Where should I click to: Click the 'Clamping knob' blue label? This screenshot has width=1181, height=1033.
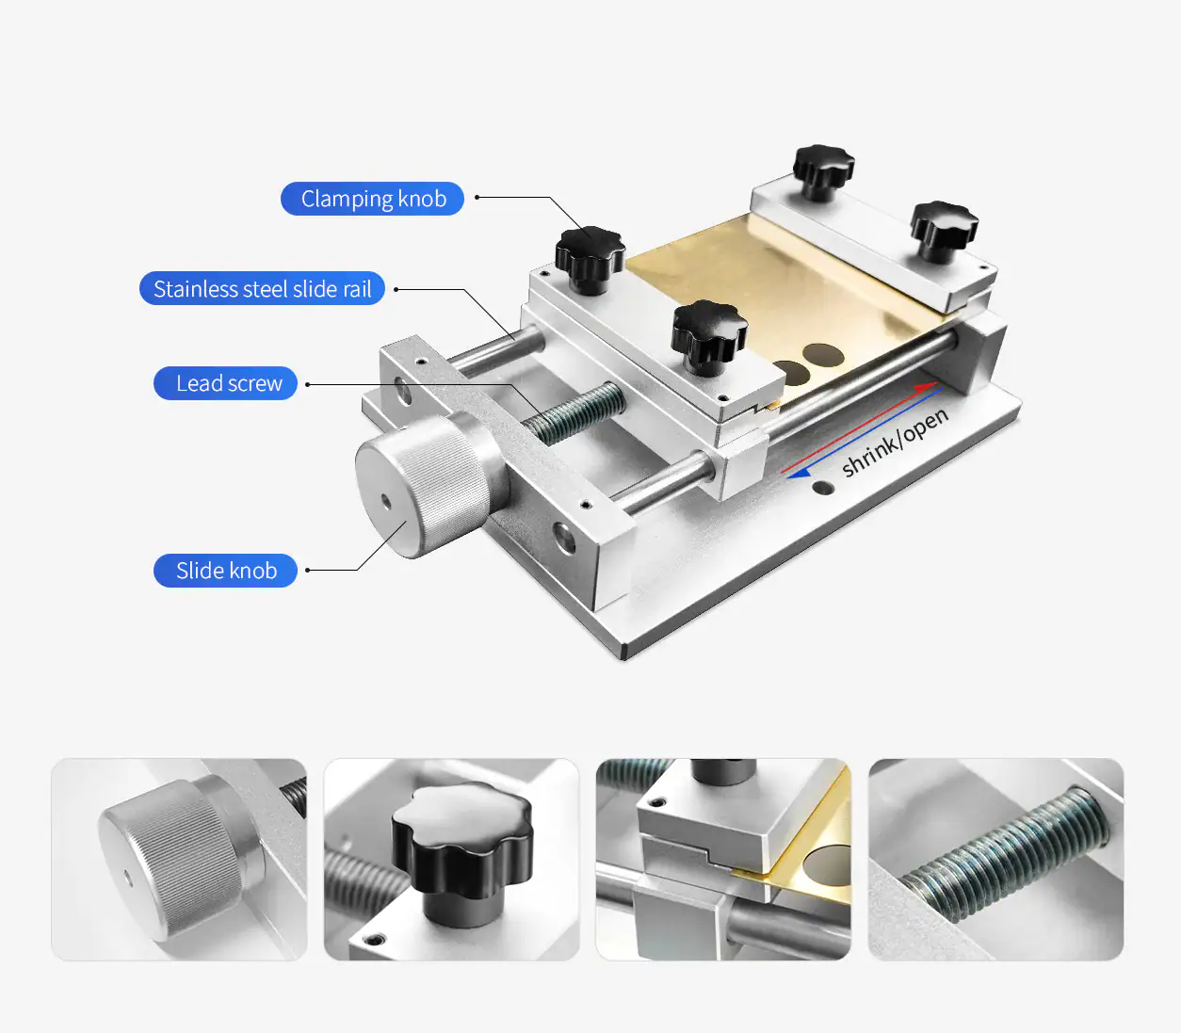click(x=372, y=199)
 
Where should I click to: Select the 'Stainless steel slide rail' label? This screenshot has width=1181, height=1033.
click(x=262, y=288)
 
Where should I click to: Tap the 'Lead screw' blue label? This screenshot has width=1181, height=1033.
click(x=226, y=383)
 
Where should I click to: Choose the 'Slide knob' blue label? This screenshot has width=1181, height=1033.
click(x=226, y=571)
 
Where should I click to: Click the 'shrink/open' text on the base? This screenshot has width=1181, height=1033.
click(x=894, y=443)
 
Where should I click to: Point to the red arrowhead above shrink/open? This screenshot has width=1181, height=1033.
click(x=928, y=385)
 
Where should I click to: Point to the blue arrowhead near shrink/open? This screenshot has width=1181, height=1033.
click(x=799, y=474)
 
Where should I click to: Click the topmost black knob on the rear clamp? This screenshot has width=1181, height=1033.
click(x=823, y=170)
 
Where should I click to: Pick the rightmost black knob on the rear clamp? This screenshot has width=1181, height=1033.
click(x=944, y=230)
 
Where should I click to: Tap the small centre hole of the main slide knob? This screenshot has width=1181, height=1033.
click(x=386, y=502)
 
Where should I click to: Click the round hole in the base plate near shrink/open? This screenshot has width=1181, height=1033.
click(x=822, y=488)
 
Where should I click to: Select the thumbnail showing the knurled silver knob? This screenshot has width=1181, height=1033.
click(x=179, y=860)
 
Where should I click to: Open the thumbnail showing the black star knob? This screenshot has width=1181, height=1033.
click(x=451, y=860)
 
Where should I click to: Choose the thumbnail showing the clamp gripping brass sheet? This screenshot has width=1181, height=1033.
click(x=723, y=860)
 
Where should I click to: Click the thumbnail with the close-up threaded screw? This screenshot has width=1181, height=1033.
click(x=995, y=860)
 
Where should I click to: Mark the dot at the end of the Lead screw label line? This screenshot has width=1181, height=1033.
click(x=307, y=384)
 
